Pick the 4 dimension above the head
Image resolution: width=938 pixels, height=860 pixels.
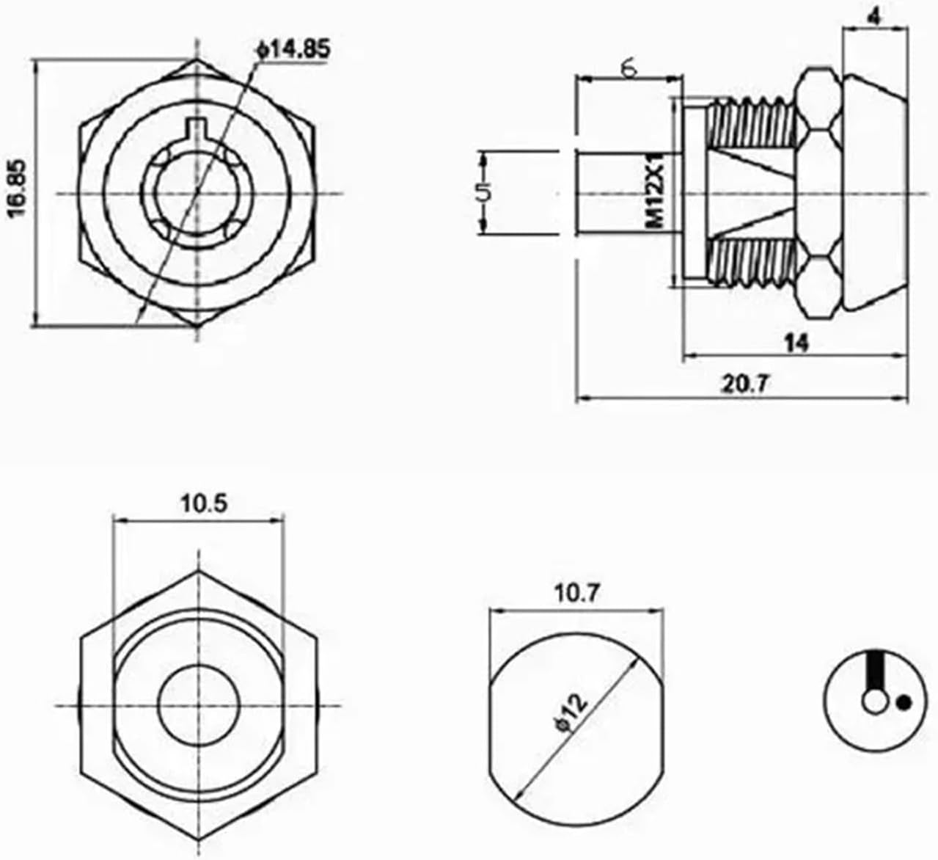(x=874, y=16)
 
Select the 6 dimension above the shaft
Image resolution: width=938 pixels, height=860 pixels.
(x=629, y=67)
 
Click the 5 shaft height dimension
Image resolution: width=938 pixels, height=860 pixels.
(x=482, y=193)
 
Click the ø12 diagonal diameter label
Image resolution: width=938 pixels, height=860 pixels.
(x=571, y=712)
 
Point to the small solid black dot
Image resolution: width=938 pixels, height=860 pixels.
(x=904, y=703)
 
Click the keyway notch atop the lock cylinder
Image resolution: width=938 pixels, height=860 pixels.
(x=196, y=126)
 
